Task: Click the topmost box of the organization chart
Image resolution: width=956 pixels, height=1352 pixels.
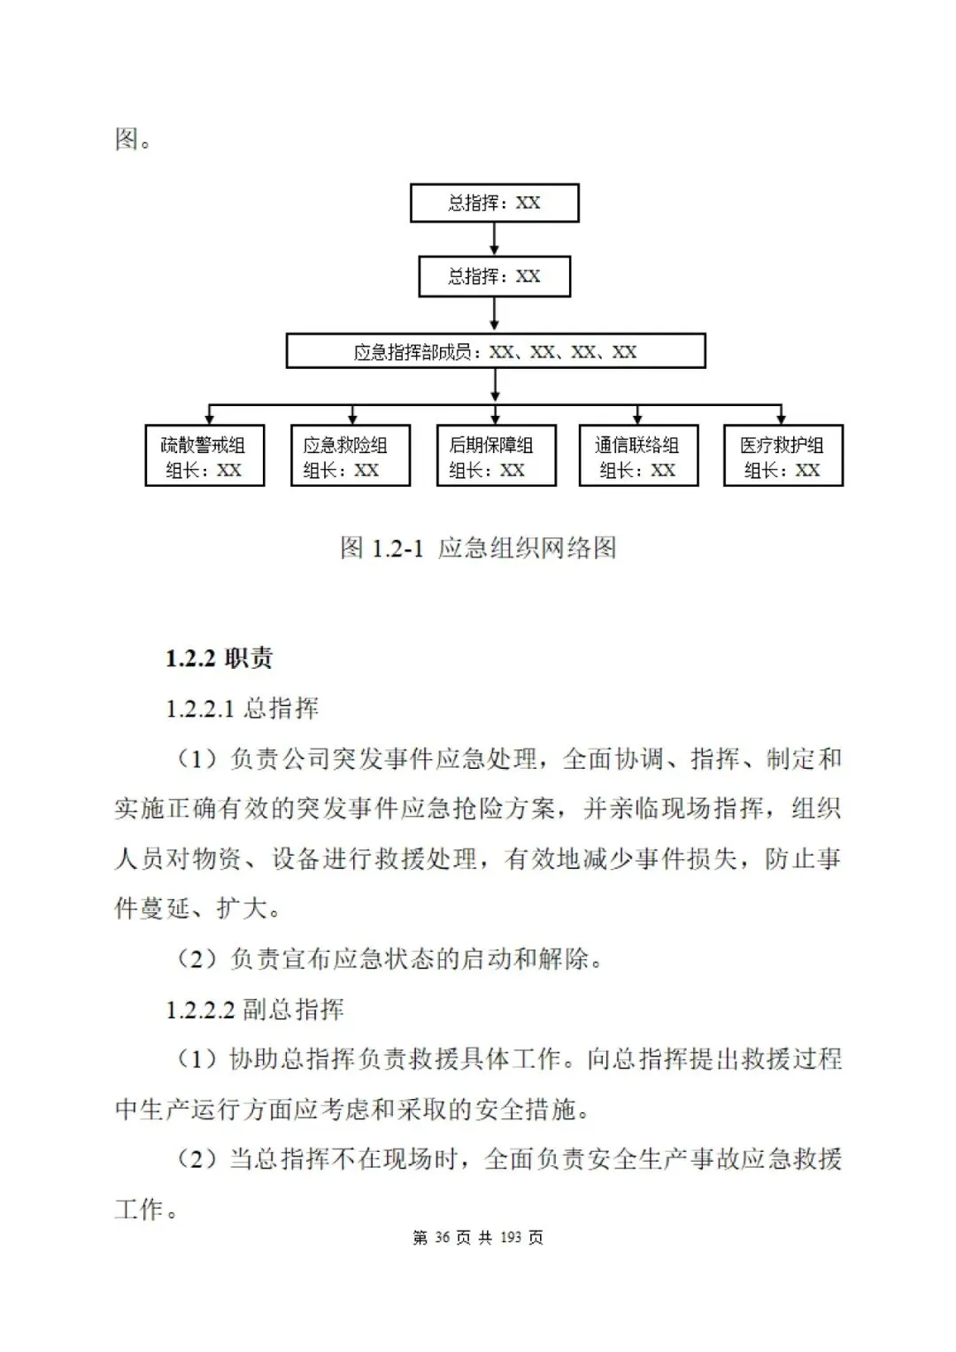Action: [494, 203]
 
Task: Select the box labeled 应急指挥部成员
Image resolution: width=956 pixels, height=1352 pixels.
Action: [496, 351]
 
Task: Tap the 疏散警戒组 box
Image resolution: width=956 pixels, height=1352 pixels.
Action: [204, 457]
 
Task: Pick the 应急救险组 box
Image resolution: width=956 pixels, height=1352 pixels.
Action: [351, 457]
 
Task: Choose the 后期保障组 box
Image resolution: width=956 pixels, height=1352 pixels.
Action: [496, 457]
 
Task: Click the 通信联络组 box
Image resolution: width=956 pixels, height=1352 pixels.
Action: [638, 457]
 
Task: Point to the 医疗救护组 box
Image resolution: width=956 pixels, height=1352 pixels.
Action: [783, 457]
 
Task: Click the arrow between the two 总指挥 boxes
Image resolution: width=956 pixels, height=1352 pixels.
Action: [494, 239]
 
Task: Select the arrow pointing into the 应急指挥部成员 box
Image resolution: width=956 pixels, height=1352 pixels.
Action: [494, 315]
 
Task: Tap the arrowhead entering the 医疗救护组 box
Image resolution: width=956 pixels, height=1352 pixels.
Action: [781, 419]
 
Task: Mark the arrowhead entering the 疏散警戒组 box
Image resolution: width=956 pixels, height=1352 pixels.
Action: [210, 419]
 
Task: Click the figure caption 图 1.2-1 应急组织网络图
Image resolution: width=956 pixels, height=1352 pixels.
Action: [478, 548]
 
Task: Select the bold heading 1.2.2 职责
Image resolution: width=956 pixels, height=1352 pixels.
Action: [219, 657]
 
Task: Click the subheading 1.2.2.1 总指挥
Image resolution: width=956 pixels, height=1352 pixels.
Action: [242, 708]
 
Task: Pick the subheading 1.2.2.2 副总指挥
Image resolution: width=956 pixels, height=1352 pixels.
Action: [255, 1009]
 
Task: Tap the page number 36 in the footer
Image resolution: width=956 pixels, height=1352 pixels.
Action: [443, 1237]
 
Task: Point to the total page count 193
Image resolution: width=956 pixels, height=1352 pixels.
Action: [511, 1237]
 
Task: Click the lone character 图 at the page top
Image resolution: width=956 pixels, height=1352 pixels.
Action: [127, 139]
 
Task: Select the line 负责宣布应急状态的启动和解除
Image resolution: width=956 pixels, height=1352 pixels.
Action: [389, 958]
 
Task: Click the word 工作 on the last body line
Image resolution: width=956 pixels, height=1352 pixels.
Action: [139, 1209]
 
